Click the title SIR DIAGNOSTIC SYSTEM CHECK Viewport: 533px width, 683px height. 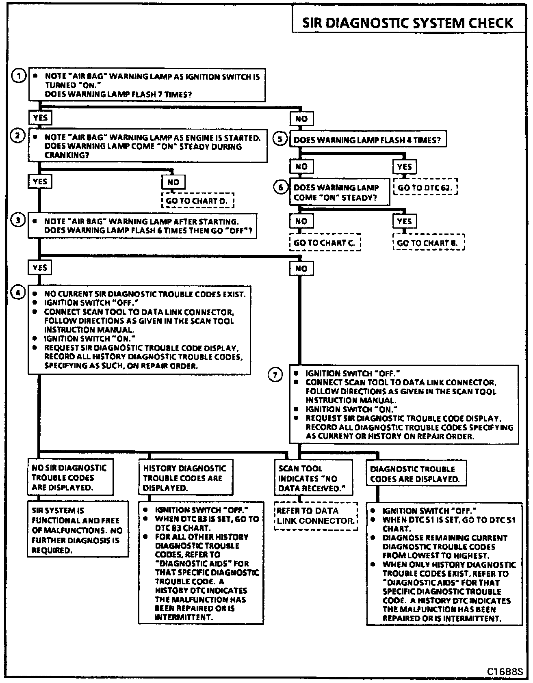[x=407, y=23]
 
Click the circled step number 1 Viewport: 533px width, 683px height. [x=18, y=76]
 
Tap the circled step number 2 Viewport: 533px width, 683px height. [x=17, y=136]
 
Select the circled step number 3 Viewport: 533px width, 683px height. [x=18, y=220]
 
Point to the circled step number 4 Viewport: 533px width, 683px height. [x=18, y=293]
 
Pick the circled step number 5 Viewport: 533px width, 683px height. [x=279, y=139]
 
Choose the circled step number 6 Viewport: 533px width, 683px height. [x=280, y=188]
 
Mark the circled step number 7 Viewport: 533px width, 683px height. [x=275, y=375]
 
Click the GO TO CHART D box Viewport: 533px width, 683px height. [x=198, y=201]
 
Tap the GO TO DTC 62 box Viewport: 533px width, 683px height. [x=425, y=188]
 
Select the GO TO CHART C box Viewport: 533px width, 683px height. [x=325, y=243]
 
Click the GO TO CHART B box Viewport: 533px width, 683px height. [x=428, y=243]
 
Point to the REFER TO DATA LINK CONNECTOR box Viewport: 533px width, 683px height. [x=316, y=516]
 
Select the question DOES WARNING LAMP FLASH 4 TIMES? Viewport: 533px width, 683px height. [x=367, y=140]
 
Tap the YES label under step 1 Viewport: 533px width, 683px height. [x=40, y=118]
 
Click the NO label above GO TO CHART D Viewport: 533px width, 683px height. [x=173, y=182]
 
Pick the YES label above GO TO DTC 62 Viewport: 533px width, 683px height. [x=405, y=166]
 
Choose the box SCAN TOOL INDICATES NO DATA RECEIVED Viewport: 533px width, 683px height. [x=313, y=478]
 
